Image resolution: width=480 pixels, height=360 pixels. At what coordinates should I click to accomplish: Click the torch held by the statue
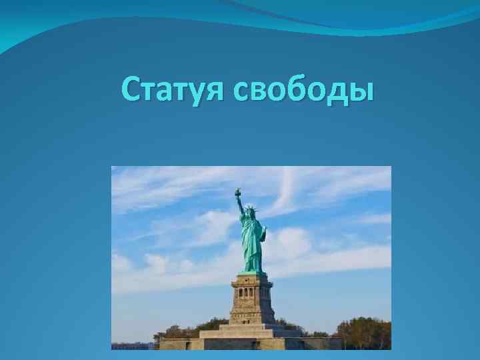[x=237, y=193]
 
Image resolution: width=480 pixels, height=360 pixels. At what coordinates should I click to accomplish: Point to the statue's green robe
[x=253, y=247]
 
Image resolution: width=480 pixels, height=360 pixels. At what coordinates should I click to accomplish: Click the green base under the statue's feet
[x=252, y=272]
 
